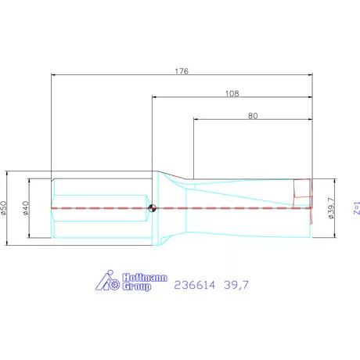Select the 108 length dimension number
click(x=232, y=93)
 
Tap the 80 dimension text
click(x=253, y=116)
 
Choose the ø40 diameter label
click(x=25, y=208)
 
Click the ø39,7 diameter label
click(x=331, y=208)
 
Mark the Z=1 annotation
click(x=356, y=208)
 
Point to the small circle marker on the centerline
click(x=152, y=208)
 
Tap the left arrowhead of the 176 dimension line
click(x=53, y=76)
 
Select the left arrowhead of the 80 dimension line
click(x=195, y=121)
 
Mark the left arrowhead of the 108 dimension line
click(x=154, y=98)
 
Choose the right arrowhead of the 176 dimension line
click(x=311, y=76)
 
